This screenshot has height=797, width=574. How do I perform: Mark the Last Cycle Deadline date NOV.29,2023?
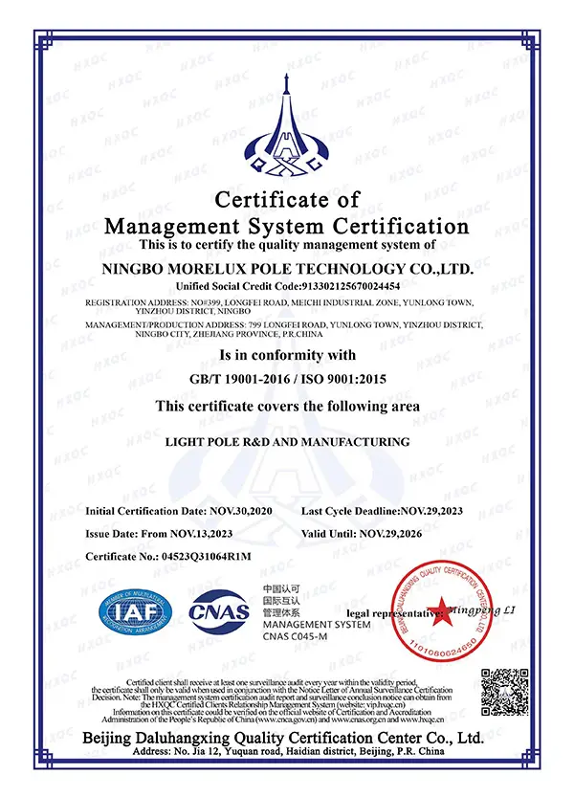(443, 512)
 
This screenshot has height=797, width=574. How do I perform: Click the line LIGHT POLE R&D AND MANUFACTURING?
(287, 442)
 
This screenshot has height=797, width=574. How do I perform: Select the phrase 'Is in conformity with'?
(287, 356)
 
